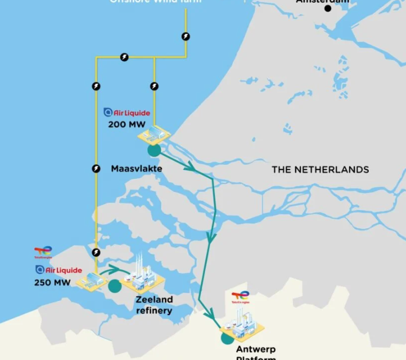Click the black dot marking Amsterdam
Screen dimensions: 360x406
pos(328,8)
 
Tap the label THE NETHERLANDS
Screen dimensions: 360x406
pos(320,169)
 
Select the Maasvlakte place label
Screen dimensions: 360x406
pos(137,169)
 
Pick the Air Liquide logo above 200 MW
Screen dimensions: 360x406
pos(128,113)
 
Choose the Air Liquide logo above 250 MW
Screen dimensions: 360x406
pos(58,271)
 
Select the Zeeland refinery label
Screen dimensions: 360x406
pos(154,305)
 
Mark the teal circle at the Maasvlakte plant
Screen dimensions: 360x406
pos(154,150)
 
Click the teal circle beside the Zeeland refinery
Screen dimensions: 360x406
pos(115,286)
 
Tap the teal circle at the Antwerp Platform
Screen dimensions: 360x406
pos(227,337)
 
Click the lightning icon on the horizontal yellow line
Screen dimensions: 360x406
pos(124,57)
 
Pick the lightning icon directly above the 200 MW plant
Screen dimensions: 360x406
pos(154,86)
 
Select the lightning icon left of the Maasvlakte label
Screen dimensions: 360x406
pos(96,168)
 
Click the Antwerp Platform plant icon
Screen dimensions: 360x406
pos(245,328)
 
